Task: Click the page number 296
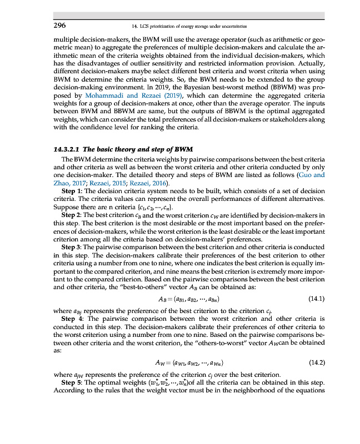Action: click(x=59, y=26)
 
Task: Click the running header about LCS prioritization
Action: click(x=187, y=26)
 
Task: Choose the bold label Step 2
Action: click(x=71, y=214)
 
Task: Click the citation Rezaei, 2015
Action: click(x=113, y=183)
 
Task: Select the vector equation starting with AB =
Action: click(x=187, y=300)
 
